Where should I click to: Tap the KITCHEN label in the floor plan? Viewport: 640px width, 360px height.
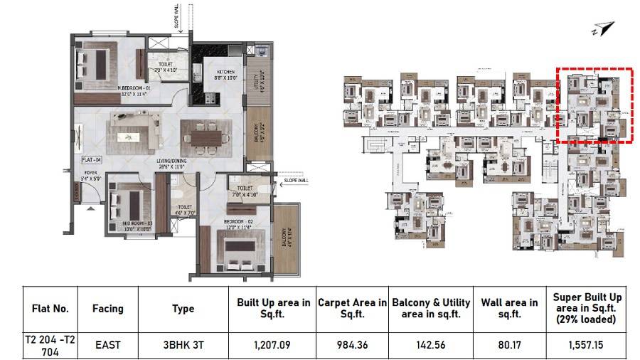(x=215, y=72)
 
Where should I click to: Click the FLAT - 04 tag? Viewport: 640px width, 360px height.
(x=93, y=159)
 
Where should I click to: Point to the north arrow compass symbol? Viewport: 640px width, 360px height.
(x=601, y=29)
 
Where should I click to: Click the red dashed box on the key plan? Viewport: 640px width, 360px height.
(x=594, y=105)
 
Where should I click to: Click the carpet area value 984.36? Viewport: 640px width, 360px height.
(x=353, y=345)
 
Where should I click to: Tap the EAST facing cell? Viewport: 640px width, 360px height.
(x=107, y=345)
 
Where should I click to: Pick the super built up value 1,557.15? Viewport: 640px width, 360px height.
(x=587, y=345)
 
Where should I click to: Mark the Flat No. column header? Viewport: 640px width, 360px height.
(x=50, y=308)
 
